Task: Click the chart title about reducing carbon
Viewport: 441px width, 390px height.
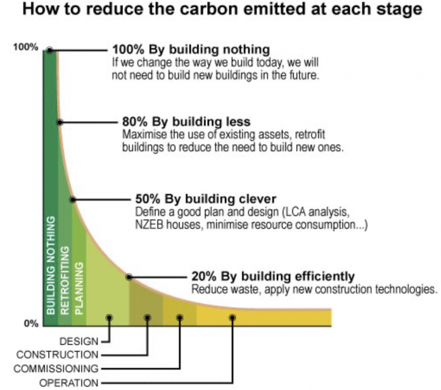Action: [x=220, y=11]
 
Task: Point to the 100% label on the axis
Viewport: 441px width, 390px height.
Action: [x=26, y=48]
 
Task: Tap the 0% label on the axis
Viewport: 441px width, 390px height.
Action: [x=30, y=324]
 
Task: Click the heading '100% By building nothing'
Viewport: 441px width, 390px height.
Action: [x=191, y=49]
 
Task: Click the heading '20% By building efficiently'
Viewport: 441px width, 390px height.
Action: [x=272, y=276]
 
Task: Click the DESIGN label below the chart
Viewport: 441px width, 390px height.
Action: [x=79, y=342]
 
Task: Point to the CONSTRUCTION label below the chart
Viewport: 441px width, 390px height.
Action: [x=58, y=355]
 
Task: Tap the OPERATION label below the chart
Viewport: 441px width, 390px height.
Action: [x=69, y=382]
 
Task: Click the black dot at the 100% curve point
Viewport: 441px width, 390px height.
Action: [x=49, y=49]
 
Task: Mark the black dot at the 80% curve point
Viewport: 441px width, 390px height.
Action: [x=60, y=122]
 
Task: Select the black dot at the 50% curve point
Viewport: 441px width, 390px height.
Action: [x=73, y=199]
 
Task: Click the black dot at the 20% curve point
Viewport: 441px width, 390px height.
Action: [x=129, y=277]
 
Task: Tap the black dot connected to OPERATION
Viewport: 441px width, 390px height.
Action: [x=233, y=317]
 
